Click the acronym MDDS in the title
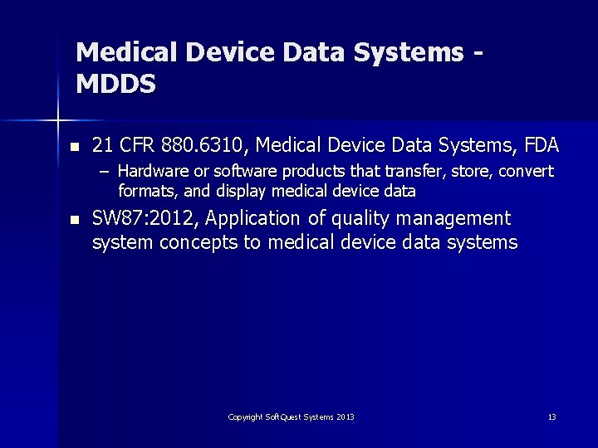pos(115,84)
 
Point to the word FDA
pos(542,146)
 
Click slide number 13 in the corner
pos(551,416)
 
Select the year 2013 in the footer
pos(346,416)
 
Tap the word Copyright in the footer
pos(245,416)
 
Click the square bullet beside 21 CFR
pos(75,147)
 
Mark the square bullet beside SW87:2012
pos(75,220)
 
